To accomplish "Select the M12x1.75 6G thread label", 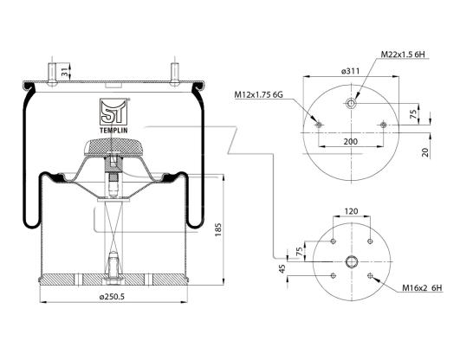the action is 258,94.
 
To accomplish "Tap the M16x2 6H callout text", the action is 422,288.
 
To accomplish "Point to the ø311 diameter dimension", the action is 350,71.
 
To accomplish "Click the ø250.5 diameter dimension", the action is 112,297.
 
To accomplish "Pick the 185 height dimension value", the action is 218,230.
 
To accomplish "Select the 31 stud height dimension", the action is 64,72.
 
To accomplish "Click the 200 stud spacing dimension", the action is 351,142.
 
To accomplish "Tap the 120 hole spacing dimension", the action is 351,211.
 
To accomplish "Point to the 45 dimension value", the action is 282,269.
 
